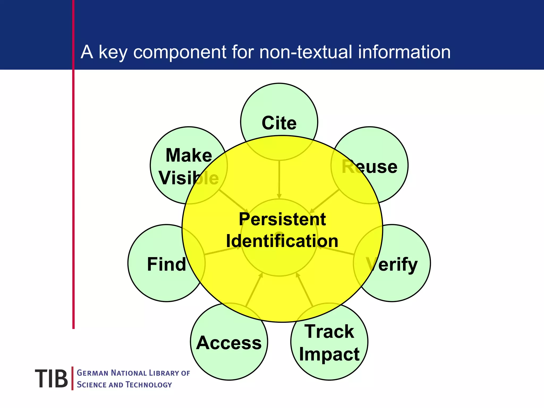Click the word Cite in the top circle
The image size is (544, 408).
[x=279, y=123]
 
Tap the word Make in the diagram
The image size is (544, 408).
[x=189, y=155]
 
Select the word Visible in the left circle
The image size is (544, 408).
[x=189, y=178]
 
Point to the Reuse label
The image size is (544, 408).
[x=369, y=167]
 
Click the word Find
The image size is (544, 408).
[x=167, y=264]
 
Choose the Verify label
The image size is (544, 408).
[x=392, y=264]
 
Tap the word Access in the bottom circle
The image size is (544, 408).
[x=229, y=343]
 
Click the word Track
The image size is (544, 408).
[x=329, y=331]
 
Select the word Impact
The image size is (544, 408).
[x=329, y=354]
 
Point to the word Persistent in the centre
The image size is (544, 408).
[x=282, y=219]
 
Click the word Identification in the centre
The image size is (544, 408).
[x=282, y=241]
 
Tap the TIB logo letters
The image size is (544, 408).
[x=51, y=379]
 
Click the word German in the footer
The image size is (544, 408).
[x=92, y=373]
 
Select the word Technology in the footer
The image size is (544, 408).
[x=149, y=385]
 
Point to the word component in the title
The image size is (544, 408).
[x=180, y=53]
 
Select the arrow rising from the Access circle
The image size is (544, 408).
[x=254, y=290]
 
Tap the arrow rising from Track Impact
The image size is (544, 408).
[x=304, y=290]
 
